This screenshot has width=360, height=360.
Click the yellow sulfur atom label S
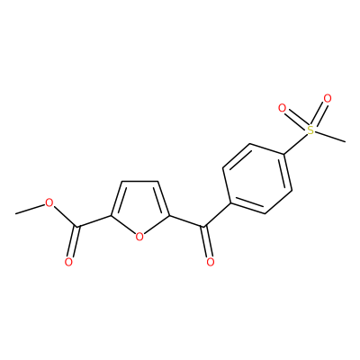310,130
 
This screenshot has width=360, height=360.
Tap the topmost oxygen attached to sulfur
328,98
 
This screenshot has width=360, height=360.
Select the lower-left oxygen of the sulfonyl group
282,108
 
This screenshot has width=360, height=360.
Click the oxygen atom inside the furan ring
139,237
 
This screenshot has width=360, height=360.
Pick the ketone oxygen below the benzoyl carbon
211,262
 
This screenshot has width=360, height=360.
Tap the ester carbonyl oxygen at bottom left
68,262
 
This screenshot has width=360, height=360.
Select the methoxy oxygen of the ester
49,203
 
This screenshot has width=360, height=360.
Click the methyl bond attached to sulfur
330,136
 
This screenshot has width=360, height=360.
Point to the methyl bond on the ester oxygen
30,210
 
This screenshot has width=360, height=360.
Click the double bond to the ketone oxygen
208,242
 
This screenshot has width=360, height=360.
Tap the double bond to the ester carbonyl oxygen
74,242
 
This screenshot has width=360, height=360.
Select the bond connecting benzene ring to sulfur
295,144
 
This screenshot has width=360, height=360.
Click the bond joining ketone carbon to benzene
218,215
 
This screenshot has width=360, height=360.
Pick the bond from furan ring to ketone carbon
187,220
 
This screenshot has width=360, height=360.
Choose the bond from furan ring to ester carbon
94,220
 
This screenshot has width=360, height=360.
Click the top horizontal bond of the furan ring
140,181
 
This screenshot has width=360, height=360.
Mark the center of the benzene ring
257,179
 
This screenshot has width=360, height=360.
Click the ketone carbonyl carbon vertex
205,227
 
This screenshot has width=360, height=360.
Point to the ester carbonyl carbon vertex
78,227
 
